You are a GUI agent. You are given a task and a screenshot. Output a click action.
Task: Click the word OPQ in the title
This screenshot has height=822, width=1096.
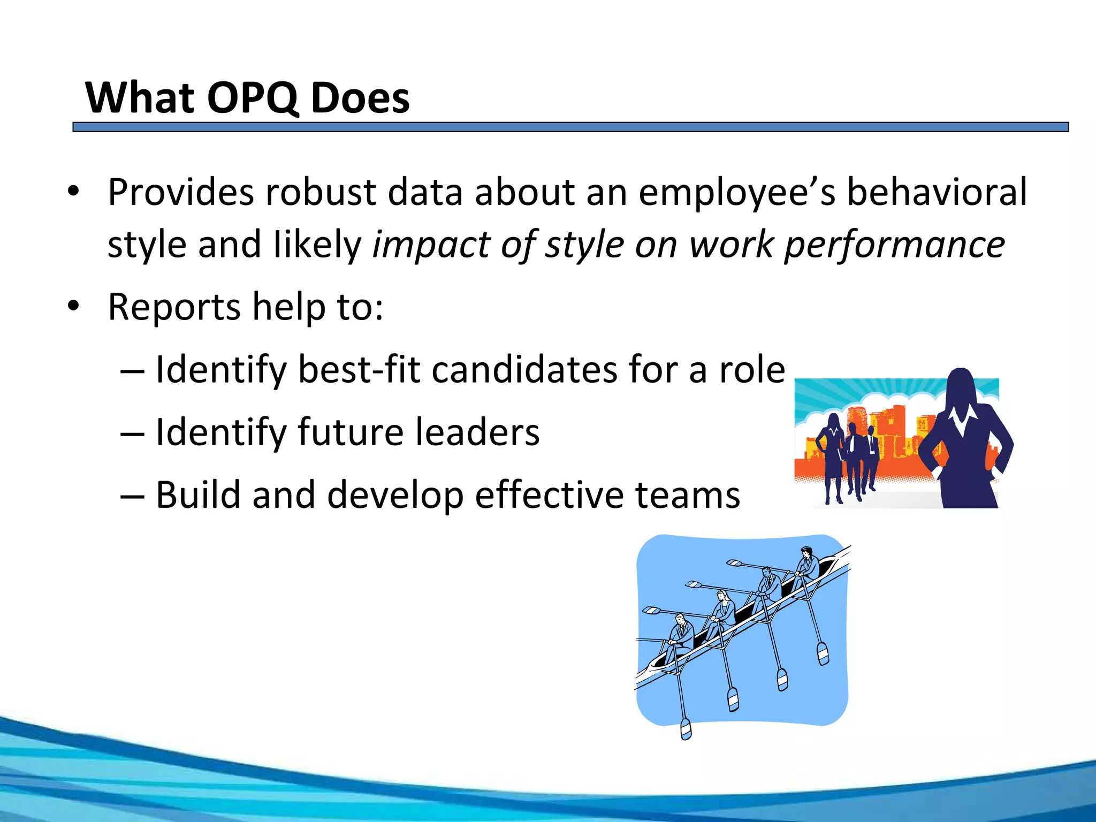(252, 98)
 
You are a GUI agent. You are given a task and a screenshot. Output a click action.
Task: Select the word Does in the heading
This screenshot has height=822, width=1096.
(360, 98)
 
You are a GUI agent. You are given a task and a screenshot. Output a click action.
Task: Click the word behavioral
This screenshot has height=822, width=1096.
(937, 192)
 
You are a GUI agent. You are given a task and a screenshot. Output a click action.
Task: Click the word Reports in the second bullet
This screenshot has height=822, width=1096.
(174, 308)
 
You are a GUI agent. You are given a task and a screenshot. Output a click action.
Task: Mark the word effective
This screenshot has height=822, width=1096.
(549, 495)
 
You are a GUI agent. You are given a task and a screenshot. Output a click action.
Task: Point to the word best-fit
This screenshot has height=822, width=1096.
(359, 370)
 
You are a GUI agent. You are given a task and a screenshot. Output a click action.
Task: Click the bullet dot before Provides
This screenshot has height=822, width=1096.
(73, 192)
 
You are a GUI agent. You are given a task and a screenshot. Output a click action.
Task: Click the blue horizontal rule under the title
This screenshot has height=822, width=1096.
(570, 127)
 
